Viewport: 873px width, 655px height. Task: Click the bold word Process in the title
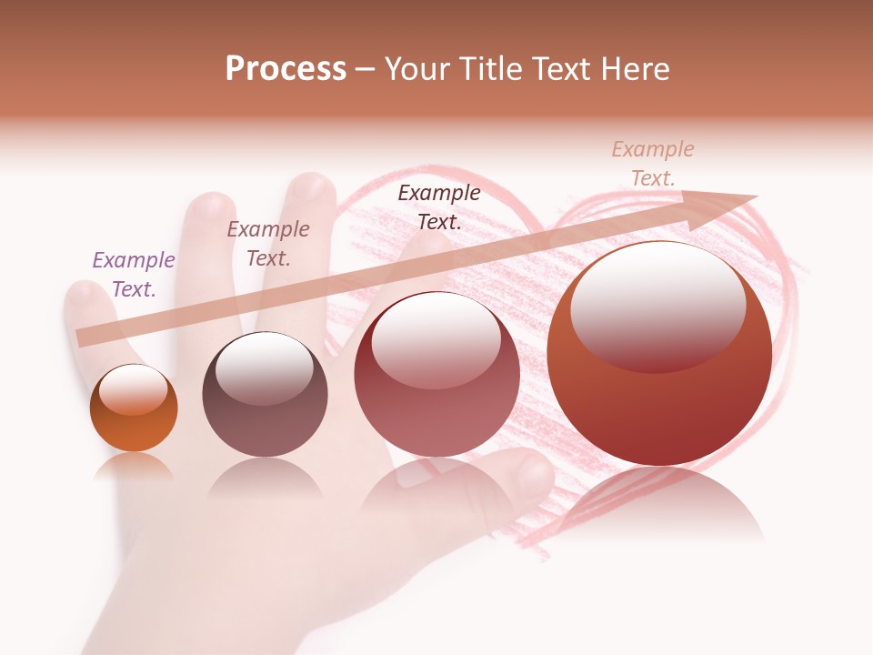(x=286, y=69)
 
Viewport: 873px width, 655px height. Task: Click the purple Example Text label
(x=134, y=275)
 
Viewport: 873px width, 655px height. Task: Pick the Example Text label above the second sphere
(x=268, y=244)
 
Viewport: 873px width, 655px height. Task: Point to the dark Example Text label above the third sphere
(x=439, y=207)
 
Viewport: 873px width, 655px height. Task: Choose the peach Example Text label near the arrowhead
(x=652, y=164)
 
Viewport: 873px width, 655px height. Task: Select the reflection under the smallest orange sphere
(x=134, y=467)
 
